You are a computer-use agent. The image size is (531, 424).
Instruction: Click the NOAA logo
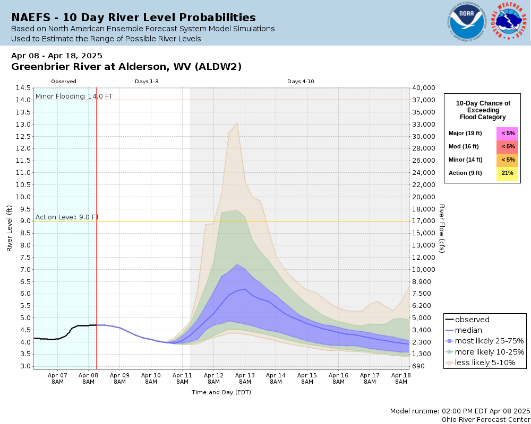coord(466,22)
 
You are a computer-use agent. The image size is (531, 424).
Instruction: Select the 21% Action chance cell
coord(508,173)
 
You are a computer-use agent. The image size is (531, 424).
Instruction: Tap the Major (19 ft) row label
coord(464,133)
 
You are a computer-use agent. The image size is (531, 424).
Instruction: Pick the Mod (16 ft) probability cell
coord(508,146)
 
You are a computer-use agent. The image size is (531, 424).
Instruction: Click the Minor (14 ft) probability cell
coord(508,160)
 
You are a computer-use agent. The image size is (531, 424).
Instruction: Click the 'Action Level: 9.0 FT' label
coord(67,217)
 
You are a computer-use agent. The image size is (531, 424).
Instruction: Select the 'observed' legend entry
coord(472,320)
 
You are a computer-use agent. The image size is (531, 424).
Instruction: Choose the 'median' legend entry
coord(468,330)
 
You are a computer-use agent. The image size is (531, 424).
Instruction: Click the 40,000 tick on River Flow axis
coord(424,88)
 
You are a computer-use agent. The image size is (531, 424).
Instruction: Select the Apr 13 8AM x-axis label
coord(245,378)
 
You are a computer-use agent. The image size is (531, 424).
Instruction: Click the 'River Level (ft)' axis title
coord(9,228)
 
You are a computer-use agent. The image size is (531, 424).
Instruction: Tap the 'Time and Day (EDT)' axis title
coord(221,392)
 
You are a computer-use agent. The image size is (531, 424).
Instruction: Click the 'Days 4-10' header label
coord(301,82)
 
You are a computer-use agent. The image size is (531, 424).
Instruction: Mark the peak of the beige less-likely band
coord(237,123)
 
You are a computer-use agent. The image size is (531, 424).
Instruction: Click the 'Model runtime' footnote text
coord(460,411)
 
